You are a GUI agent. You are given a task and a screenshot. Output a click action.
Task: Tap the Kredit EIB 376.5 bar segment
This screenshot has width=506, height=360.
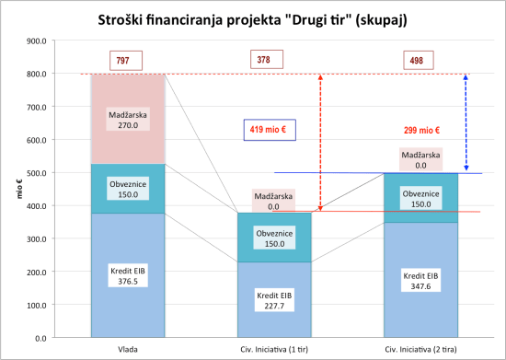[x=128, y=275]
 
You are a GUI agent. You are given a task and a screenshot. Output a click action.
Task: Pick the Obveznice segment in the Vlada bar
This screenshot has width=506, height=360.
[x=128, y=189]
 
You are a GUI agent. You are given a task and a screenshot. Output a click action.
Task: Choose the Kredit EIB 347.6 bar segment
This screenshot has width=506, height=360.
[x=418, y=280]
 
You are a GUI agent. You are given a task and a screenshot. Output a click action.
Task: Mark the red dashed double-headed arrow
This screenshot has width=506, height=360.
[x=319, y=143]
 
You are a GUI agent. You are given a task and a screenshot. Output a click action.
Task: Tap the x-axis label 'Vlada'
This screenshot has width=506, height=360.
[x=128, y=349]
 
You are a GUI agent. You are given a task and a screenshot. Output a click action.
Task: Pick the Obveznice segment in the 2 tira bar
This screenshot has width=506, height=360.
[x=418, y=199]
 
